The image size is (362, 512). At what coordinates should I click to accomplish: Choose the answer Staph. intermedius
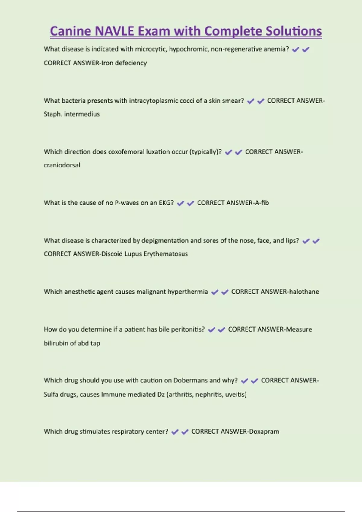tap(71, 114)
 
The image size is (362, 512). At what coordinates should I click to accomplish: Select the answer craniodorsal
tap(62, 165)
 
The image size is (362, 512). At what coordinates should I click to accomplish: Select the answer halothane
tap(304, 292)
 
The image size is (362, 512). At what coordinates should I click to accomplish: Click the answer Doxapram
tap(264, 432)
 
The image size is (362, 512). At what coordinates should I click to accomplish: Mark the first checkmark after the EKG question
tap(180, 203)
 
